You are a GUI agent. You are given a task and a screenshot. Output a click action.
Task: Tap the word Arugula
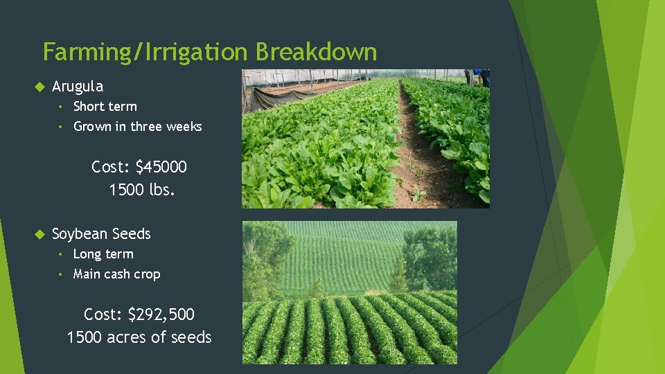click(x=78, y=87)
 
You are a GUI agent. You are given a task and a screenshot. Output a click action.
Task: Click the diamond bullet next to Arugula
click(x=39, y=87)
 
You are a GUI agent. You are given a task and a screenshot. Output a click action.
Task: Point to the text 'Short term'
click(x=105, y=107)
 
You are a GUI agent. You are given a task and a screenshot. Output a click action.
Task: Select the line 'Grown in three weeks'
click(x=138, y=127)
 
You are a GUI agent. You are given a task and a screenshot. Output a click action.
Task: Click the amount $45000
click(x=161, y=167)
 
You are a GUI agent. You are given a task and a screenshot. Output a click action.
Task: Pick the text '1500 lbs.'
click(x=142, y=190)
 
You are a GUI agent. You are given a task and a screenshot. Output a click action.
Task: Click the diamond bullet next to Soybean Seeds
click(x=39, y=234)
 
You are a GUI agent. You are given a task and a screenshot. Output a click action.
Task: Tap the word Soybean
click(x=79, y=234)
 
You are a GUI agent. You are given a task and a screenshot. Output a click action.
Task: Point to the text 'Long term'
click(x=103, y=254)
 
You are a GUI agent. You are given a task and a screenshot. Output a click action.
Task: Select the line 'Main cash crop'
click(x=116, y=274)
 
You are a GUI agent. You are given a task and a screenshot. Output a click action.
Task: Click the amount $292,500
click(x=161, y=314)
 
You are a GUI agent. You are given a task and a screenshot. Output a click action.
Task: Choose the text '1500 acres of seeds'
click(x=139, y=337)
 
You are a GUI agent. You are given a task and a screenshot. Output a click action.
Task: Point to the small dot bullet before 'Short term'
click(x=62, y=107)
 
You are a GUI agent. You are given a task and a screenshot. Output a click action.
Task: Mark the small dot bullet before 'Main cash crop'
click(x=62, y=274)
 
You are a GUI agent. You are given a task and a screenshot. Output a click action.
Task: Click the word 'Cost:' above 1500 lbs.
click(x=111, y=167)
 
